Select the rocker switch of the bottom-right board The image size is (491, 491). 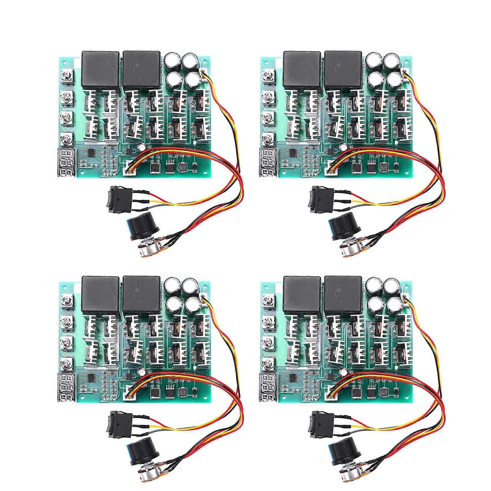(x=316, y=423)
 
